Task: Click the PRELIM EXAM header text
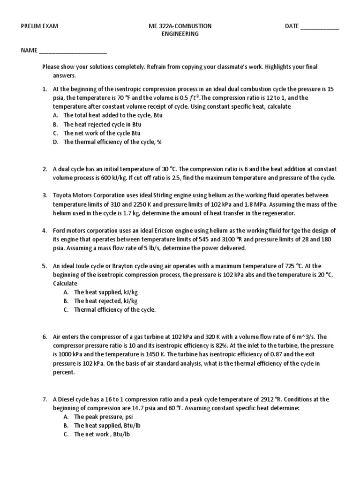click(39, 26)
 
